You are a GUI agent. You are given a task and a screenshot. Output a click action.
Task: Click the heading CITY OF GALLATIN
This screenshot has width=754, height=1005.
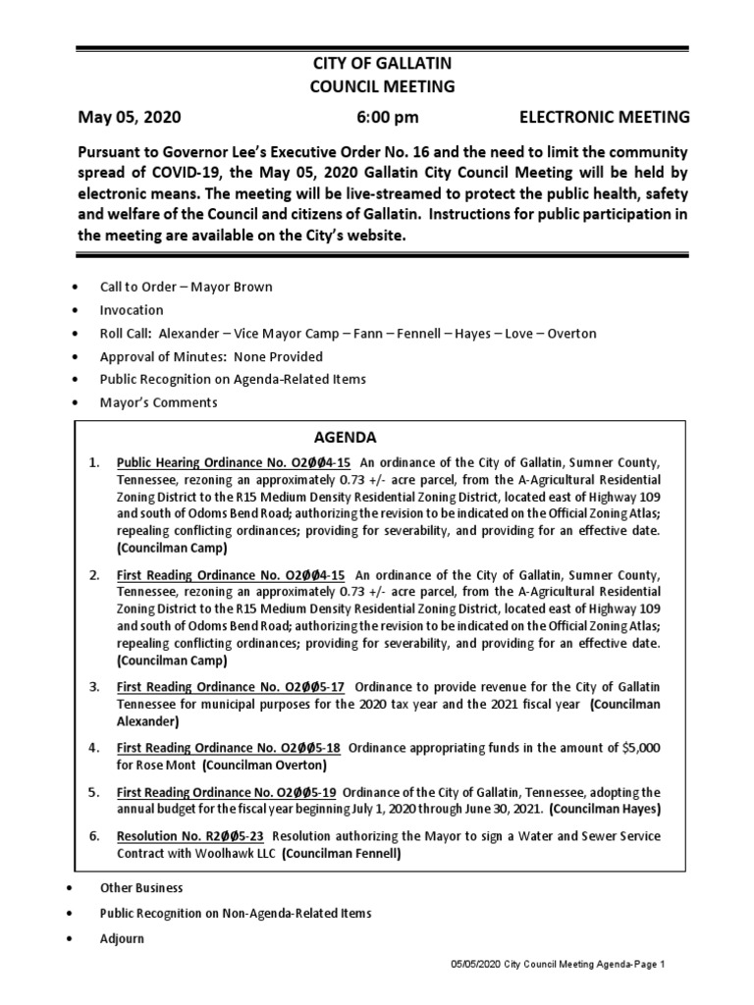coord(382,63)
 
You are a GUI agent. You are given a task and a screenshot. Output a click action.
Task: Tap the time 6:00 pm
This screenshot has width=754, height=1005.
coord(387,118)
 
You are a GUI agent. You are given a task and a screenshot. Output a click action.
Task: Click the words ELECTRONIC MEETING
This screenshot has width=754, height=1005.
coord(604,118)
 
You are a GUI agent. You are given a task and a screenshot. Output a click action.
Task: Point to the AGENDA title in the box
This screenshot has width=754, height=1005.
coord(345,437)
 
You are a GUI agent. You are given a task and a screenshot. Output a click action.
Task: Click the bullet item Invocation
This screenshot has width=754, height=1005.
coord(132,310)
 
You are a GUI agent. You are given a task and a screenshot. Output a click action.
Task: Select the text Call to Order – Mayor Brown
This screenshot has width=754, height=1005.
coord(186,287)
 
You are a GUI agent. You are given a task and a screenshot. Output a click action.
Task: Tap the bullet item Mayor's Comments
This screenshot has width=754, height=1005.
coord(158,402)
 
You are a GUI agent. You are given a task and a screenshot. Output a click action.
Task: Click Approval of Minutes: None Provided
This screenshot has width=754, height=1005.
coord(211,356)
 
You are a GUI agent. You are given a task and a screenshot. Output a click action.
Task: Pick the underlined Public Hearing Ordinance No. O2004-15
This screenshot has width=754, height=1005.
coord(234,461)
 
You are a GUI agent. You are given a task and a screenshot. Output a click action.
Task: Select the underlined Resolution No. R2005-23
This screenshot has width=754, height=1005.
coord(190,835)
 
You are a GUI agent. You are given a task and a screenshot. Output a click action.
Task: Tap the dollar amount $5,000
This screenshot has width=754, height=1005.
coord(642,748)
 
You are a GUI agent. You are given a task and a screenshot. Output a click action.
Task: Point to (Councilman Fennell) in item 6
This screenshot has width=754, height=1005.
coord(343,853)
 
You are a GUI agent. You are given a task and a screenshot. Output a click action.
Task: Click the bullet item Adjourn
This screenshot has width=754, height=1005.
coord(122,938)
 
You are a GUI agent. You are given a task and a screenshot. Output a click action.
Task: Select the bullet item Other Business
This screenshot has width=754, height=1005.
coord(141,887)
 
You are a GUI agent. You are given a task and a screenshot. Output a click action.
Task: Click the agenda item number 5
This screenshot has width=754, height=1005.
coord(94,791)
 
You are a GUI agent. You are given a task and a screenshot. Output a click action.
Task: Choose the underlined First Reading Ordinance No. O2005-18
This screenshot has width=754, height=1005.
coord(230,748)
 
